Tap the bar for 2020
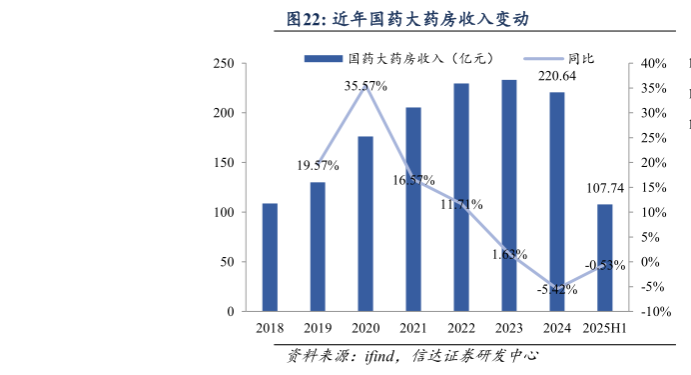(x=365, y=224)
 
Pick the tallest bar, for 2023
(x=509, y=196)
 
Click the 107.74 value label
(x=604, y=187)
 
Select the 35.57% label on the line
(x=365, y=87)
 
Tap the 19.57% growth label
(x=318, y=165)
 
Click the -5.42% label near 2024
(x=556, y=290)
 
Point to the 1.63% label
(x=508, y=255)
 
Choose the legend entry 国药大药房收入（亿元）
(x=399, y=59)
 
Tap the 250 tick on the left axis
(x=225, y=64)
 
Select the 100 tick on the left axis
(x=225, y=213)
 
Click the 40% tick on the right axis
(x=653, y=64)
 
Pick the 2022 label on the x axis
(x=461, y=328)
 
